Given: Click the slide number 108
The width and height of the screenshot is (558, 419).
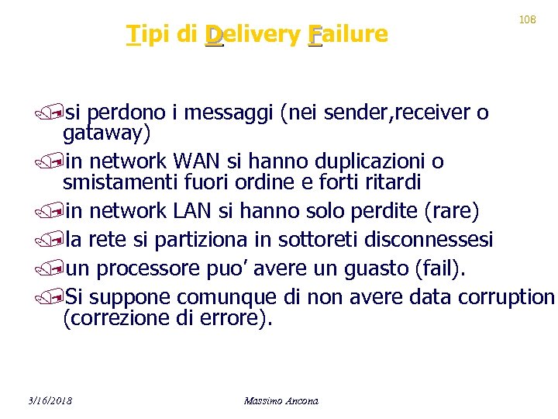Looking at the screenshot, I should point(527,19).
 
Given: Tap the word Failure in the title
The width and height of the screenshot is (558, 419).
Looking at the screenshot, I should point(347,34).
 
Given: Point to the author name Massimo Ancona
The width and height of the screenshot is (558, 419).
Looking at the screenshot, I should point(281,400).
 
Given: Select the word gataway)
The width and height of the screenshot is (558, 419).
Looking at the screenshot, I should point(106,133).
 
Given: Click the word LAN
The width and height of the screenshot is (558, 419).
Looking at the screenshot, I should point(195,210).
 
